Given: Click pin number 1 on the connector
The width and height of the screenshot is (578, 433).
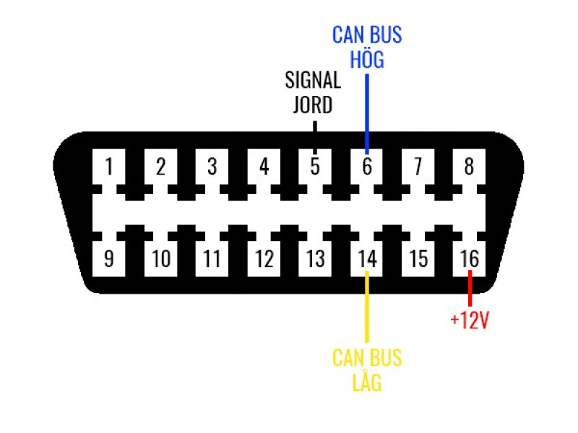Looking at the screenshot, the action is [x=109, y=166].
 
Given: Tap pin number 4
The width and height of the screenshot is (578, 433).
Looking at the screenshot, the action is [x=264, y=166].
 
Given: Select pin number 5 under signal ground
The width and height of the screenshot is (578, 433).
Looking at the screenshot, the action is [x=315, y=166].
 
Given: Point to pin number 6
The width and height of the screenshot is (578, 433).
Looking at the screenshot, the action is [x=366, y=166].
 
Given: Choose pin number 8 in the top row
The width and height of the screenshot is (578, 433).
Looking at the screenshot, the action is [x=469, y=166].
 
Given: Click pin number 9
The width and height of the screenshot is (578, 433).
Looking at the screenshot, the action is [x=109, y=258].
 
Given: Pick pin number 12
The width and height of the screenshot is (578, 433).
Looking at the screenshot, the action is [x=264, y=258].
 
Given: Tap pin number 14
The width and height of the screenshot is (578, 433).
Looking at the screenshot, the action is [x=366, y=258].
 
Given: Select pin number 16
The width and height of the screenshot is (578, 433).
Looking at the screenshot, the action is [x=469, y=258].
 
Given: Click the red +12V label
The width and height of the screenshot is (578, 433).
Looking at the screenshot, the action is [x=470, y=320].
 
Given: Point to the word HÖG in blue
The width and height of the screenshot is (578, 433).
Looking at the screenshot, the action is [x=367, y=59].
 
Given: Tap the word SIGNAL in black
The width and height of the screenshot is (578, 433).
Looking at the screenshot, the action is [x=313, y=80].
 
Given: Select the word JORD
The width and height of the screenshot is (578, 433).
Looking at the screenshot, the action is [x=313, y=105].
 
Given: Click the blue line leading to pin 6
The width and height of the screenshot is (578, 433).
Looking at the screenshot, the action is [x=367, y=114].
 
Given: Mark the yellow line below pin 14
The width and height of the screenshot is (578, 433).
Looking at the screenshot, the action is [x=367, y=307].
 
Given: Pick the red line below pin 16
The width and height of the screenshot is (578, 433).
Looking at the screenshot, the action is [x=470, y=288].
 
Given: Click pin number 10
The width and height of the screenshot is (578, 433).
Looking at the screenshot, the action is [x=160, y=258].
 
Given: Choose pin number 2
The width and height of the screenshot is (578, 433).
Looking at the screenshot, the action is [x=160, y=166].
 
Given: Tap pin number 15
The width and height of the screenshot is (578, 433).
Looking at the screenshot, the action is [x=418, y=258].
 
